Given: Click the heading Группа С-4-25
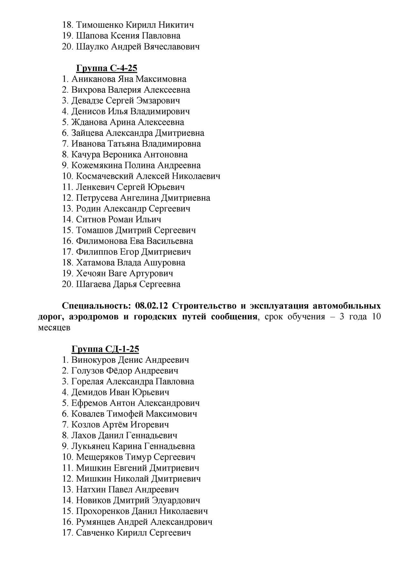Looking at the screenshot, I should coord(106,68).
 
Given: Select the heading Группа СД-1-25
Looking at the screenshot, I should coord(105,349).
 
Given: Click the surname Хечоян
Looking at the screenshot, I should coord(91,273).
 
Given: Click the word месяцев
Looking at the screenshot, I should coord(54,328).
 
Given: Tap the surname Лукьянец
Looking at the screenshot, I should coord(90,446).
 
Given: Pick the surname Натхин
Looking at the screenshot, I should coord(91,490).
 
